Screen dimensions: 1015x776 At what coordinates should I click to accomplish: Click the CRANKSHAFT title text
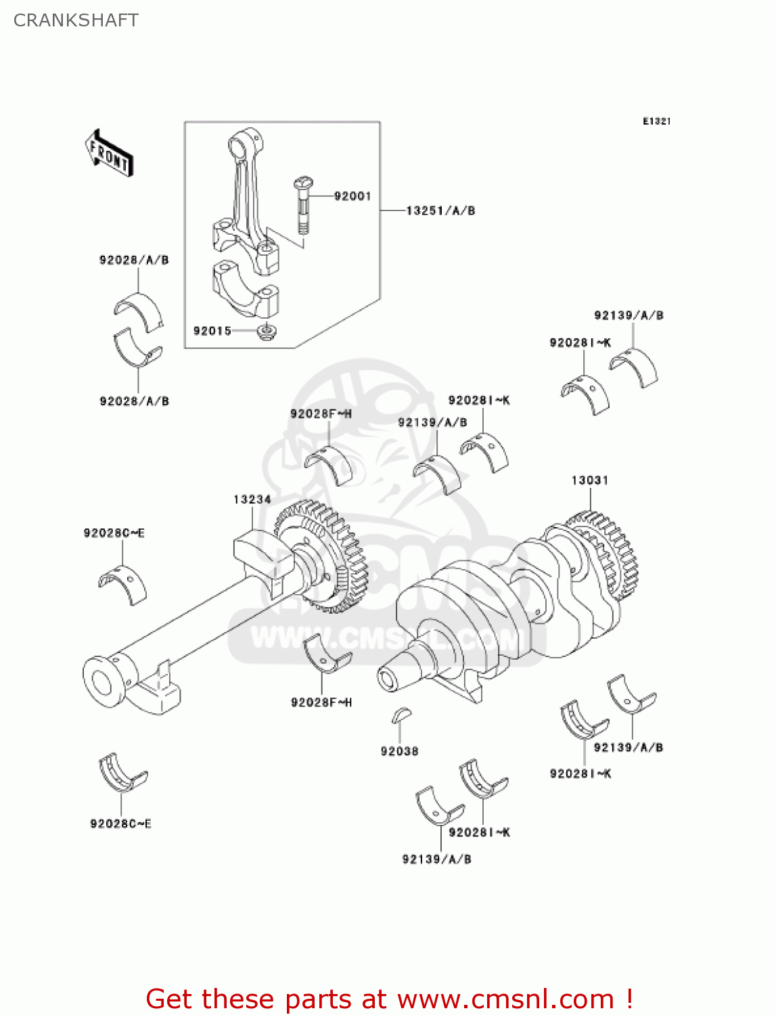click(76, 20)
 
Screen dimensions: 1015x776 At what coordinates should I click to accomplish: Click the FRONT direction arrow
click(109, 154)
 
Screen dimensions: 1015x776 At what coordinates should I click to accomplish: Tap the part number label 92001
click(352, 196)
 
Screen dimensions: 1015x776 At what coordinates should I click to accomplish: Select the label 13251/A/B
click(440, 210)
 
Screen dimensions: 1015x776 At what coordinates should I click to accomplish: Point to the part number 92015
click(212, 331)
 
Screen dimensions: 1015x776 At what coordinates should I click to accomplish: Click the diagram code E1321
click(656, 121)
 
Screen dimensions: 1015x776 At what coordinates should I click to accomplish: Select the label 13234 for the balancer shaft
click(252, 499)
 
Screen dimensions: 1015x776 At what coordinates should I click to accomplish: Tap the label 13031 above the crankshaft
click(590, 480)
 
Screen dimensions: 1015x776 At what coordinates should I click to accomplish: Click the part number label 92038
click(399, 751)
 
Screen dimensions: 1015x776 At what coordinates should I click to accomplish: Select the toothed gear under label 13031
click(606, 555)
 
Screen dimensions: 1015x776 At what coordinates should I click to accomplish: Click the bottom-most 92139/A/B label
click(436, 859)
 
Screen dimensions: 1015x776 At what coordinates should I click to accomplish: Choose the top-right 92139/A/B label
click(629, 315)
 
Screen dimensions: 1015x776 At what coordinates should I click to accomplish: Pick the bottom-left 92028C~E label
click(120, 824)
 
